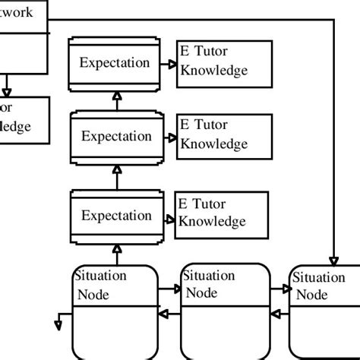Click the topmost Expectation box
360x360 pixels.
pyautogui.click(x=115, y=62)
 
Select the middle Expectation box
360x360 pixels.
pyautogui.click(x=116, y=137)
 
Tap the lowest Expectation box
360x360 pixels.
pyautogui.click(x=116, y=215)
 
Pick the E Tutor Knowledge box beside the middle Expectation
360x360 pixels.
pyautogui.click(x=223, y=134)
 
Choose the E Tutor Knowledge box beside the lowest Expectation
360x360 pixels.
pyautogui.click(x=223, y=212)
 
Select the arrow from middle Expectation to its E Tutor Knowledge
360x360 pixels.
pyautogui.click(x=167, y=137)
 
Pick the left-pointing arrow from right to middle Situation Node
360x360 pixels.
pyautogui.click(x=279, y=312)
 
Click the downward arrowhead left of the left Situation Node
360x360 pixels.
pyautogui.click(x=58, y=326)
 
